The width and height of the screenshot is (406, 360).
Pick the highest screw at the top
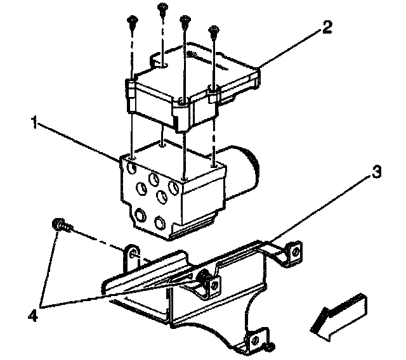pyautogui.click(x=162, y=8)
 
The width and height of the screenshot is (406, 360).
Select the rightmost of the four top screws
pyautogui.click(x=213, y=29)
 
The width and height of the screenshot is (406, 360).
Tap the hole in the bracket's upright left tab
pyautogui.click(x=134, y=255)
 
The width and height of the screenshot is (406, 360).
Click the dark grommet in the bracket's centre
pyautogui.click(x=204, y=277)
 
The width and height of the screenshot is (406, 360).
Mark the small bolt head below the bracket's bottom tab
pyautogui.click(x=270, y=347)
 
